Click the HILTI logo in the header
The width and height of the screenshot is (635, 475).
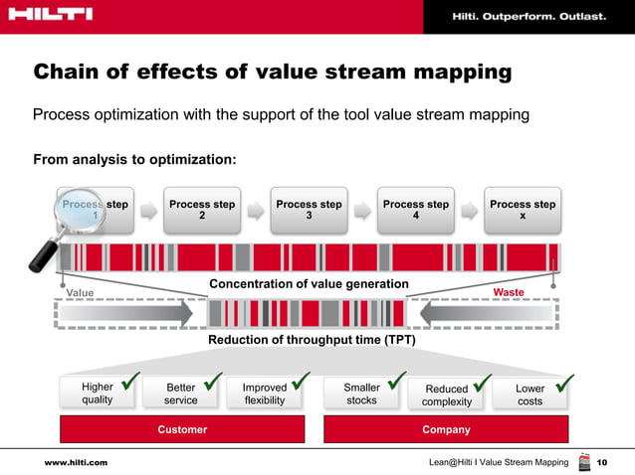[49, 14]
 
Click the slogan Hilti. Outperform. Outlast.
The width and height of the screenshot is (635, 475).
[529, 15]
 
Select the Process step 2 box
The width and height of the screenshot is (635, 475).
[202, 211]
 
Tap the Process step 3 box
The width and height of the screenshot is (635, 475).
[309, 211]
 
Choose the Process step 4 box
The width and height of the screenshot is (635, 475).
[415, 211]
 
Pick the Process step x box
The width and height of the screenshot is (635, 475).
[523, 211]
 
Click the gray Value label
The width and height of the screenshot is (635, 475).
[80, 293]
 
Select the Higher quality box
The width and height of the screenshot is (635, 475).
[97, 394]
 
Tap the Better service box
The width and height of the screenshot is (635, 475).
[180, 394]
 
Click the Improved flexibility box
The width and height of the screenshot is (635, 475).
[264, 394]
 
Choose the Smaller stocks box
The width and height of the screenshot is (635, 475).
[361, 394]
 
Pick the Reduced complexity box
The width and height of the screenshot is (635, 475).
[446, 395]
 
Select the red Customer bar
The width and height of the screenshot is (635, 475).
[182, 429]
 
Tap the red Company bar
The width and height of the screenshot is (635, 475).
[446, 429]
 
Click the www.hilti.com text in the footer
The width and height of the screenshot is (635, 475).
[76, 463]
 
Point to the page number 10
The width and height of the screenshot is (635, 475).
[601, 463]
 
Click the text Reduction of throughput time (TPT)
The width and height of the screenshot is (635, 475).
[311, 340]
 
